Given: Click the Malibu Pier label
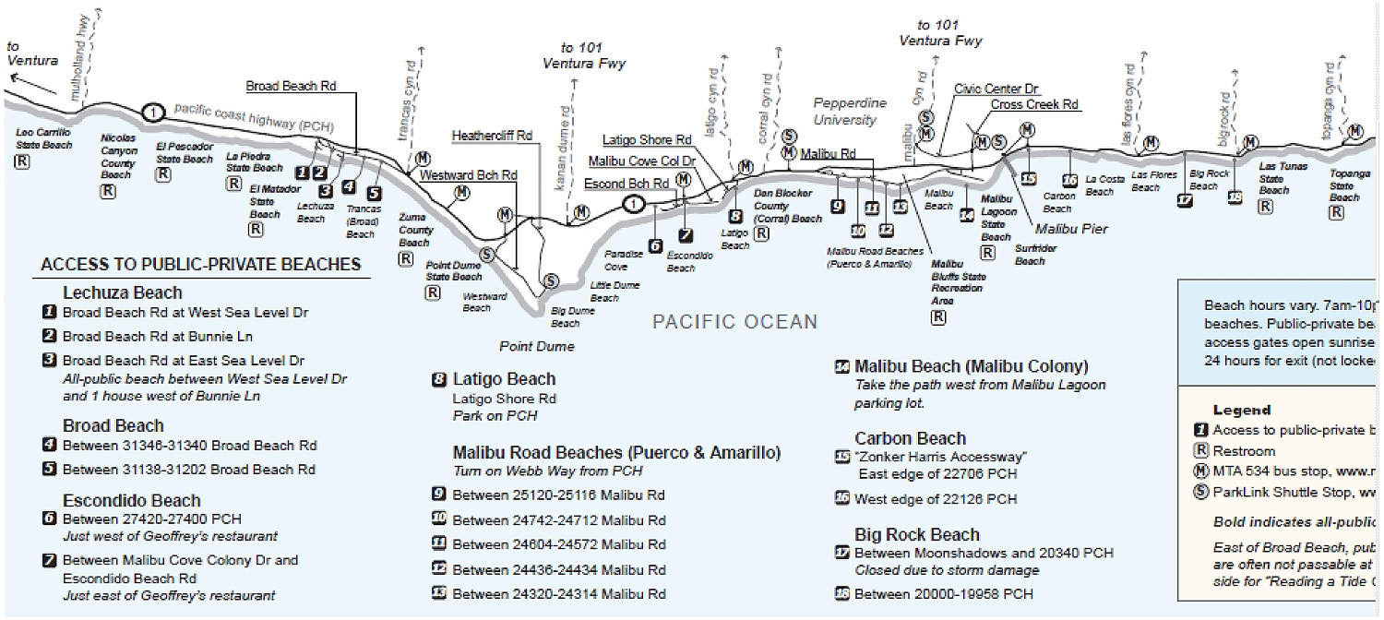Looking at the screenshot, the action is [1071, 229].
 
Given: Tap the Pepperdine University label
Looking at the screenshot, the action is [849, 112].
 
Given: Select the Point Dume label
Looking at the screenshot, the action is [537, 347].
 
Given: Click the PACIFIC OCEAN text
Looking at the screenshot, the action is [734, 322].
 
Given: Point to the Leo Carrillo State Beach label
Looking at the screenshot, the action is [44, 138].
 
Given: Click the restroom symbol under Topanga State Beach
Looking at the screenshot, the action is [1335, 211].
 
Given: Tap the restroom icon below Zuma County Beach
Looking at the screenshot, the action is [405, 259].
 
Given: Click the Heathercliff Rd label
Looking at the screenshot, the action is [492, 136].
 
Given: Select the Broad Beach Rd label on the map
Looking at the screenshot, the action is [291, 87].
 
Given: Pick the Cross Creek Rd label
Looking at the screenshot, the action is [1034, 104].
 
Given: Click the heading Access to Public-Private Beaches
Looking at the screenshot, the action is [200, 265].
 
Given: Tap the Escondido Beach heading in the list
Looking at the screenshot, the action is [132, 501].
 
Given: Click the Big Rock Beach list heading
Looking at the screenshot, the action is [916, 535].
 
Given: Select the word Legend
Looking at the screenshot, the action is [1241, 410].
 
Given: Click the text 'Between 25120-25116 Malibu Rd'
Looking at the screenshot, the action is [558, 495].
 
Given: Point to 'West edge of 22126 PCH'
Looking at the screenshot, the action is [936, 499].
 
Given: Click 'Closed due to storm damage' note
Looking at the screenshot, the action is [947, 570].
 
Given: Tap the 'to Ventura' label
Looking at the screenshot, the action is [31, 54].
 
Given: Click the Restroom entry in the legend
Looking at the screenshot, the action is [1243, 451].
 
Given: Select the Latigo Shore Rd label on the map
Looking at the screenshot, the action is [647, 140].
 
